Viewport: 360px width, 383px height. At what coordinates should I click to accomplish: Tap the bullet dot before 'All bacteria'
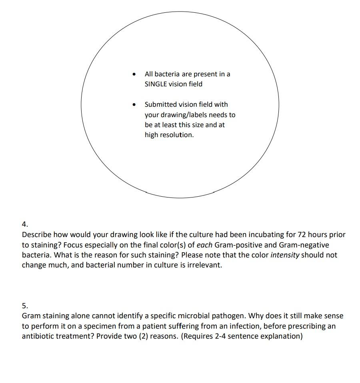134,74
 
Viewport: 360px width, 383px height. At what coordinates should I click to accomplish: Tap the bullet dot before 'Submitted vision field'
134,104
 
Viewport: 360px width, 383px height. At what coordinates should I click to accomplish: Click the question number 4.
25,224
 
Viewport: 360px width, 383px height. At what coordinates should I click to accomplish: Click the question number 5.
25,305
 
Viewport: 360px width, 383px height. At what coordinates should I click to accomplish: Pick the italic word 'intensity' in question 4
285,255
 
